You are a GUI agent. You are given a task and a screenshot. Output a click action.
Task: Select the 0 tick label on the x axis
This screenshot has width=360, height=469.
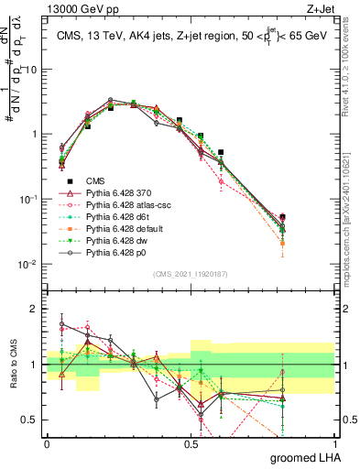47,442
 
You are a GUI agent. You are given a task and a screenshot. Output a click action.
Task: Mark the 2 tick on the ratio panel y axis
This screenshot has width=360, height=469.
35,309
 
